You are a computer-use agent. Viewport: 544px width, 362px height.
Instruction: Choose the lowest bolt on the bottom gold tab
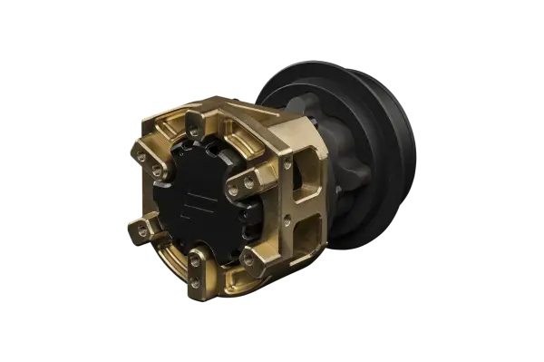pyautogui.click(x=201, y=280)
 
